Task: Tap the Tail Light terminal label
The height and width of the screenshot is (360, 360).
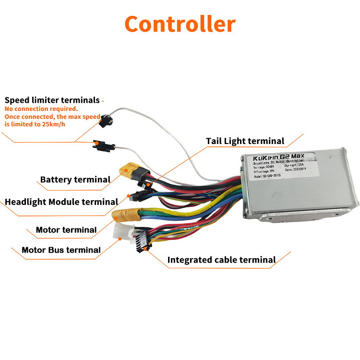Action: pos(245,141)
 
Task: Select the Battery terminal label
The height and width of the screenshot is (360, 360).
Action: pos(75,180)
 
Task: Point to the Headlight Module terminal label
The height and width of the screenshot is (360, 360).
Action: pos(61,202)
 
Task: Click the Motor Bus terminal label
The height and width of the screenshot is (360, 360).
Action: pos(61,250)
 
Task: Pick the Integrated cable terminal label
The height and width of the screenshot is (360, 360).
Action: pos(221,260)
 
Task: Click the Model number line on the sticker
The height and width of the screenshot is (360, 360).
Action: pos(268,175)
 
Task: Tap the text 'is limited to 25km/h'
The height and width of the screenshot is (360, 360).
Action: pos(36,124)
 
